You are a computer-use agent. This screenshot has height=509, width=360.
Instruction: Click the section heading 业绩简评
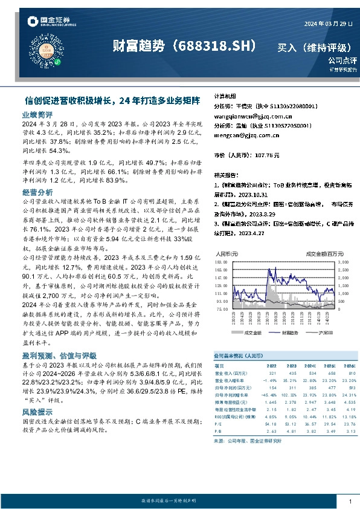38,114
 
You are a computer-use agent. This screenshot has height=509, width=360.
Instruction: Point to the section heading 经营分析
38,192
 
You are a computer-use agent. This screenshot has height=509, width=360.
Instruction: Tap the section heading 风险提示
38,411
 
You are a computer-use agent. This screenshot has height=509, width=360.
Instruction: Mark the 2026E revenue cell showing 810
350,372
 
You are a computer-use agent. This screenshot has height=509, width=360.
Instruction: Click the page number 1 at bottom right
350,501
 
